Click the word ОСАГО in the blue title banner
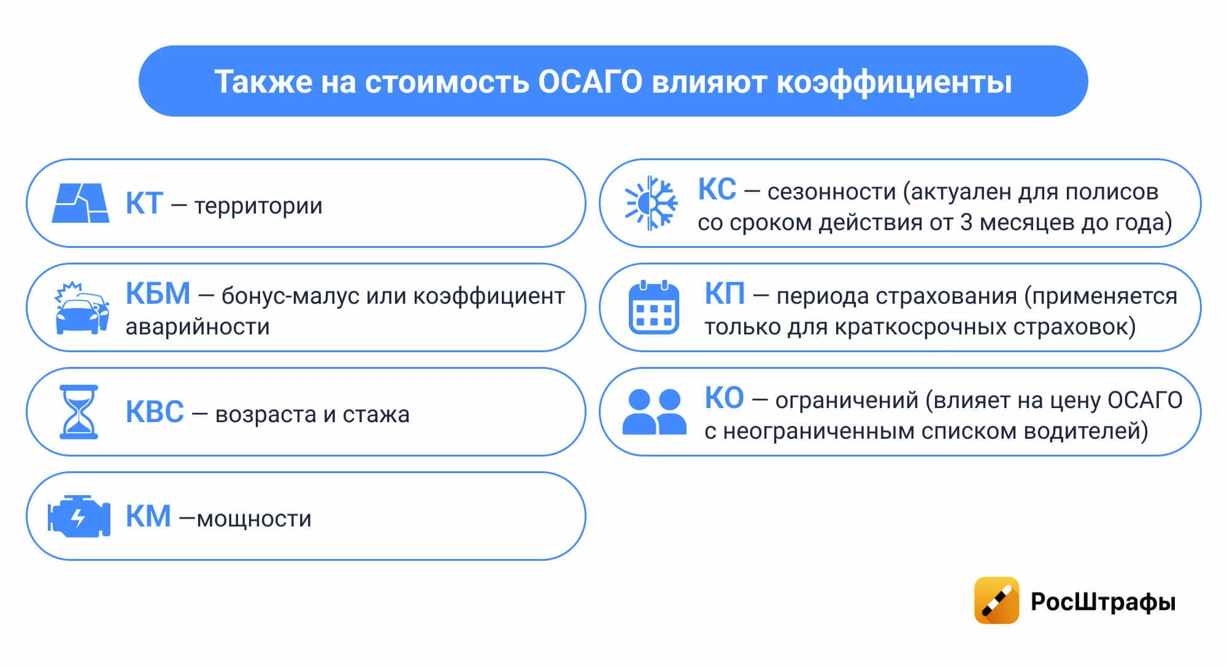tap(590, 82)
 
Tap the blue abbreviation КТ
tap(144, 204)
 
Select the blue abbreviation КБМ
tap(158, 293)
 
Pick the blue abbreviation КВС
tap(155, 412)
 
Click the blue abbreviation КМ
tap(148, 516)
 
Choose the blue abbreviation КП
tap(725, 293)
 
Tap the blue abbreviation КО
tap(724, 398)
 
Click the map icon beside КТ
tap(81, 203)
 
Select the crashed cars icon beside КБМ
tap(82, 308)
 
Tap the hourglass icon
tap(79, 412)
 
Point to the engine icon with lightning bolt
tap(79, 516)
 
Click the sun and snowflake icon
tap(651, 203)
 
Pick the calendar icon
tap(654, 307)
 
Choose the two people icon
tap(655, 412)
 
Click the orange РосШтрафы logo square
tap(996, 600)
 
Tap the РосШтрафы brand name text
tap(1103, 601)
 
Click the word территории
tap(258, 206)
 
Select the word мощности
tap(254, 519)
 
